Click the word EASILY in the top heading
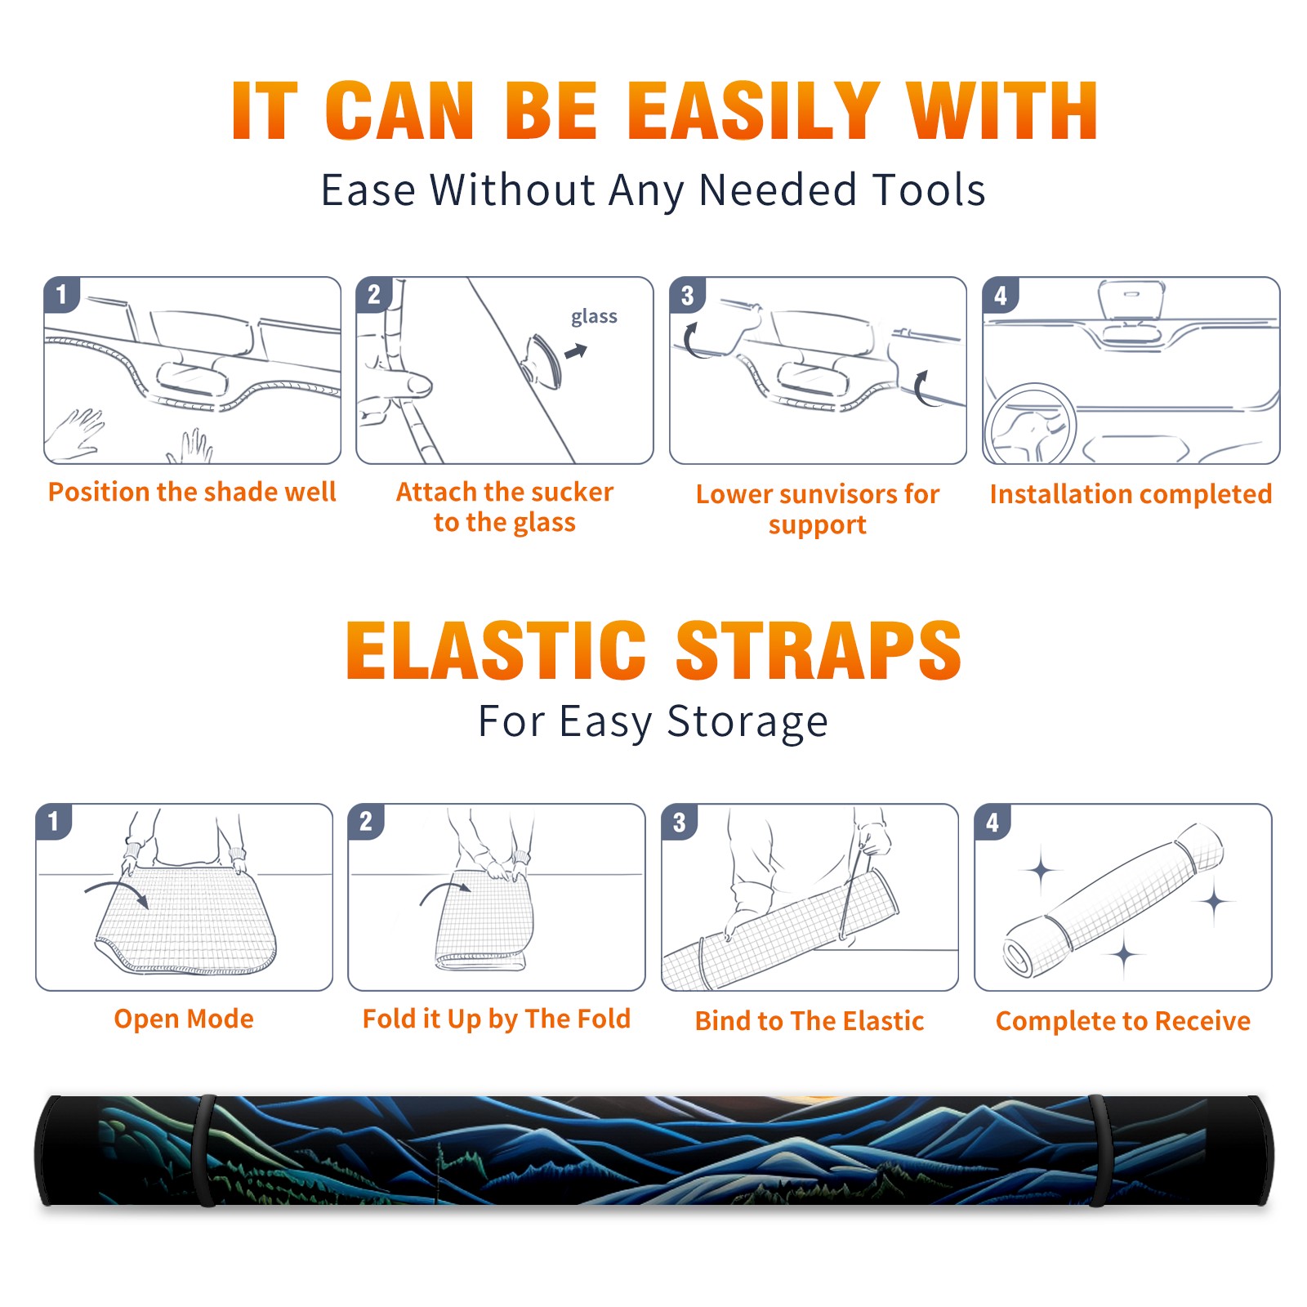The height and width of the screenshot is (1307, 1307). tap(752, 111)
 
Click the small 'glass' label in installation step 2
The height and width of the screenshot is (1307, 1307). tap(594, 317)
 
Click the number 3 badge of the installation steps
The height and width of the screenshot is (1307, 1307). tap(688, 296)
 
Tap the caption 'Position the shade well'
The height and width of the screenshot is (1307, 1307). tap(192, 492)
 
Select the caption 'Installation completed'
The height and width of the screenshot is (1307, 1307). tap(1131, 494)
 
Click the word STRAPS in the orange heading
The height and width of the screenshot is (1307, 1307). tap(819, 650)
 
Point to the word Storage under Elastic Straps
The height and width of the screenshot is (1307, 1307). tap(747, 722)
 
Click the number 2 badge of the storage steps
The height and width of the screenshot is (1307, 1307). tap(366, 822)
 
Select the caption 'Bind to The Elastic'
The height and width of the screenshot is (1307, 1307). tap(810, 1021)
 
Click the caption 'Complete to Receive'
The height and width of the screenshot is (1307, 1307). tap(1123, 1021)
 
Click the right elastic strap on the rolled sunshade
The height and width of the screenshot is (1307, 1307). tap(1097, 1150)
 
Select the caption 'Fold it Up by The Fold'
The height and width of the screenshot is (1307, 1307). tap(497, 1019)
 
